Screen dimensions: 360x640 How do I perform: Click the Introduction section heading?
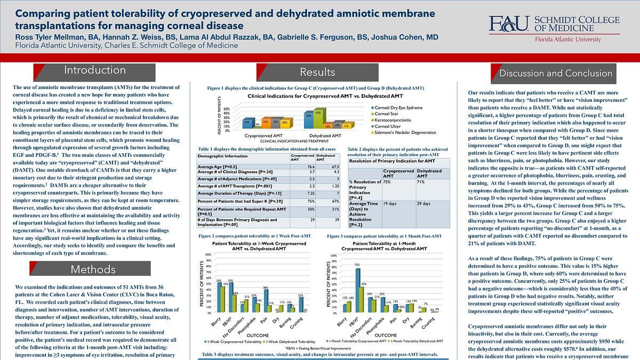95,70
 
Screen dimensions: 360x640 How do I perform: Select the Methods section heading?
93,269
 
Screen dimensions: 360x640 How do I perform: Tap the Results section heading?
317,72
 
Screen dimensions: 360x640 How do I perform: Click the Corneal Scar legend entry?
388,114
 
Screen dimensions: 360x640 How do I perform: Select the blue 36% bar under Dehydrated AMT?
308,121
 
